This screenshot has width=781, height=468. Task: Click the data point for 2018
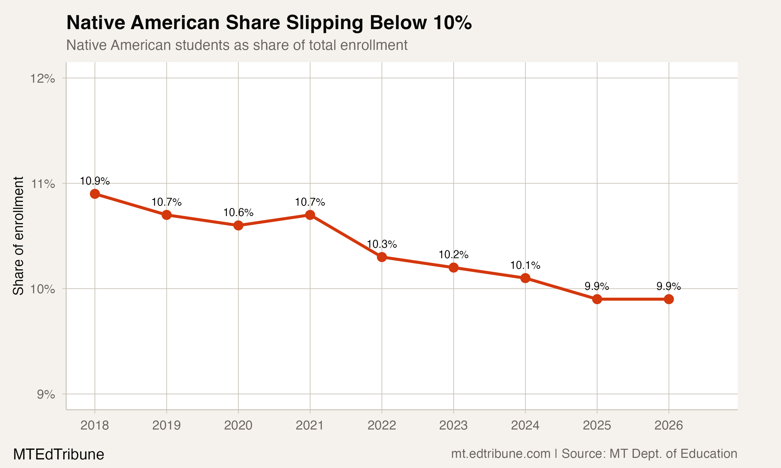pos(95,194)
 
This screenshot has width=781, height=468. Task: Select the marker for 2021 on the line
pos(310,215)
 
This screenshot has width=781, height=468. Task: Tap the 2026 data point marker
pos(669,299)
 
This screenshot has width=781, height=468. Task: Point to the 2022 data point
pos(382,257)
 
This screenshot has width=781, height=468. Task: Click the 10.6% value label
pos(238,213)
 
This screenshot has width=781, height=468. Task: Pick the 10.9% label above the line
pos(95,181)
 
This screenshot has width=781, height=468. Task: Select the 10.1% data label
pos(525,265)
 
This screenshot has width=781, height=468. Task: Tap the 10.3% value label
pos(382,244)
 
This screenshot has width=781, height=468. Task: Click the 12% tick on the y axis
pos(43,78)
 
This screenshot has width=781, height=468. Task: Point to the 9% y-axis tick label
pos(46,394)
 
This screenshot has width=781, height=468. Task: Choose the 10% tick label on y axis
pos(43,289)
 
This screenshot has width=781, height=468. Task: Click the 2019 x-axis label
pos(166,425)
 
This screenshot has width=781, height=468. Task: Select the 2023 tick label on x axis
pos(453,425)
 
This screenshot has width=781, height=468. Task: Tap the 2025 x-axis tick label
pos(597,425)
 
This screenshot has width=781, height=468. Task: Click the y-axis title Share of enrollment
pos(18,236)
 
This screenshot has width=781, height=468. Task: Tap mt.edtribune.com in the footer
pos(501,453)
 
